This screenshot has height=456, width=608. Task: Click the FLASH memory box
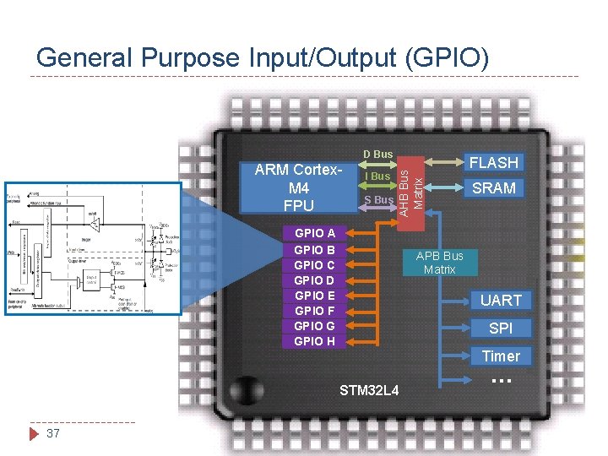click(x=494, y=162)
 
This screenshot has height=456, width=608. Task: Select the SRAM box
click(x=494, y=188)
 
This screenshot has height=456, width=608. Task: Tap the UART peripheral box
click(x=501, y=300)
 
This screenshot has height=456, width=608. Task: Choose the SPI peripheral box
click(x=501, y=328)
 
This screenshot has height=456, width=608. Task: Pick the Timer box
click(x=501, y=356)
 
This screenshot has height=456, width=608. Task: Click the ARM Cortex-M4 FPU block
click(x=299, y=187)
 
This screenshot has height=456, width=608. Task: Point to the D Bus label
click(x=377, y=154)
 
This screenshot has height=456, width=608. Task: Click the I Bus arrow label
click(x=377, y=176)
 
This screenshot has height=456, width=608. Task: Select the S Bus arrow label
click(x=377, y=200)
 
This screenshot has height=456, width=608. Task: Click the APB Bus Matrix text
click(x=439, y=263)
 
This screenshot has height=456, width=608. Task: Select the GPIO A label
click(x=314, y=233)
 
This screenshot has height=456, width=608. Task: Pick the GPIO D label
click(x=314, y=280)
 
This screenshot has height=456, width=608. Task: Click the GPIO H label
click(x=314, y=341)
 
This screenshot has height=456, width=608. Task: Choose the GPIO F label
click(x=314, y=311)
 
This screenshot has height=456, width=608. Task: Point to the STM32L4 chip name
click(x=369, y=390)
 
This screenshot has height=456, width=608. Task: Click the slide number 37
click(x=53, y=433)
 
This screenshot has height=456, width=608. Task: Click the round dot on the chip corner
click(x=246, y=389)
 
